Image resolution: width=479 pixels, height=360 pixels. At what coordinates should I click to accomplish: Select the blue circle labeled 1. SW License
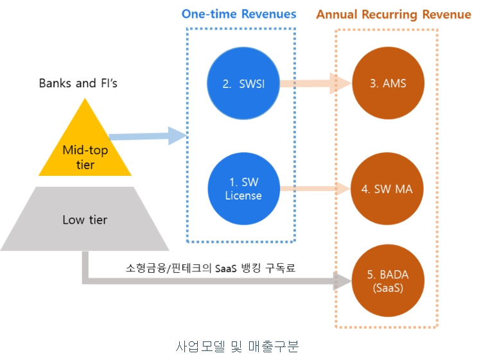click(x=243, y=188)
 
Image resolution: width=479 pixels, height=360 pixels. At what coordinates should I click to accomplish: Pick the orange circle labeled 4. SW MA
click(x=388, y=189)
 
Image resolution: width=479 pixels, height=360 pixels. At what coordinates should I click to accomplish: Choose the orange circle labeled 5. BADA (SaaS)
click(x=388, y=281)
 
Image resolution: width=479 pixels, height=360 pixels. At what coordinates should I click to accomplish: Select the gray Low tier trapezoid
click(x=85, y=220)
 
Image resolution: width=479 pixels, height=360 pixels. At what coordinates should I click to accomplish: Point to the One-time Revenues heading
click(x=239, y=13)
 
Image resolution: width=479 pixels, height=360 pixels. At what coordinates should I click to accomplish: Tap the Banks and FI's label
click(x=78, y=83)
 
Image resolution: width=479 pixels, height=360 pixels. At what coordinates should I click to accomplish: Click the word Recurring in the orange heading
click(x=392, y=14)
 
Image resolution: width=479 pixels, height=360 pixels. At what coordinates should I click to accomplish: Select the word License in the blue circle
click(x=243, y=195)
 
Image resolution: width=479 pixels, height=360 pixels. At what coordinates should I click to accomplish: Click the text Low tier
click(x=85, y=220)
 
